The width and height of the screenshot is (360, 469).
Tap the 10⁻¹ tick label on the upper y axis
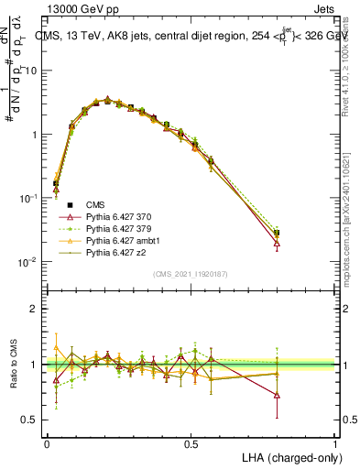pos(30,198)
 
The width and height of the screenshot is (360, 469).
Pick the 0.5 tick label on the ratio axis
pos(30,420)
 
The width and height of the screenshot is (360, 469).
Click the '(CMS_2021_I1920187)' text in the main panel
pos(191,274)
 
